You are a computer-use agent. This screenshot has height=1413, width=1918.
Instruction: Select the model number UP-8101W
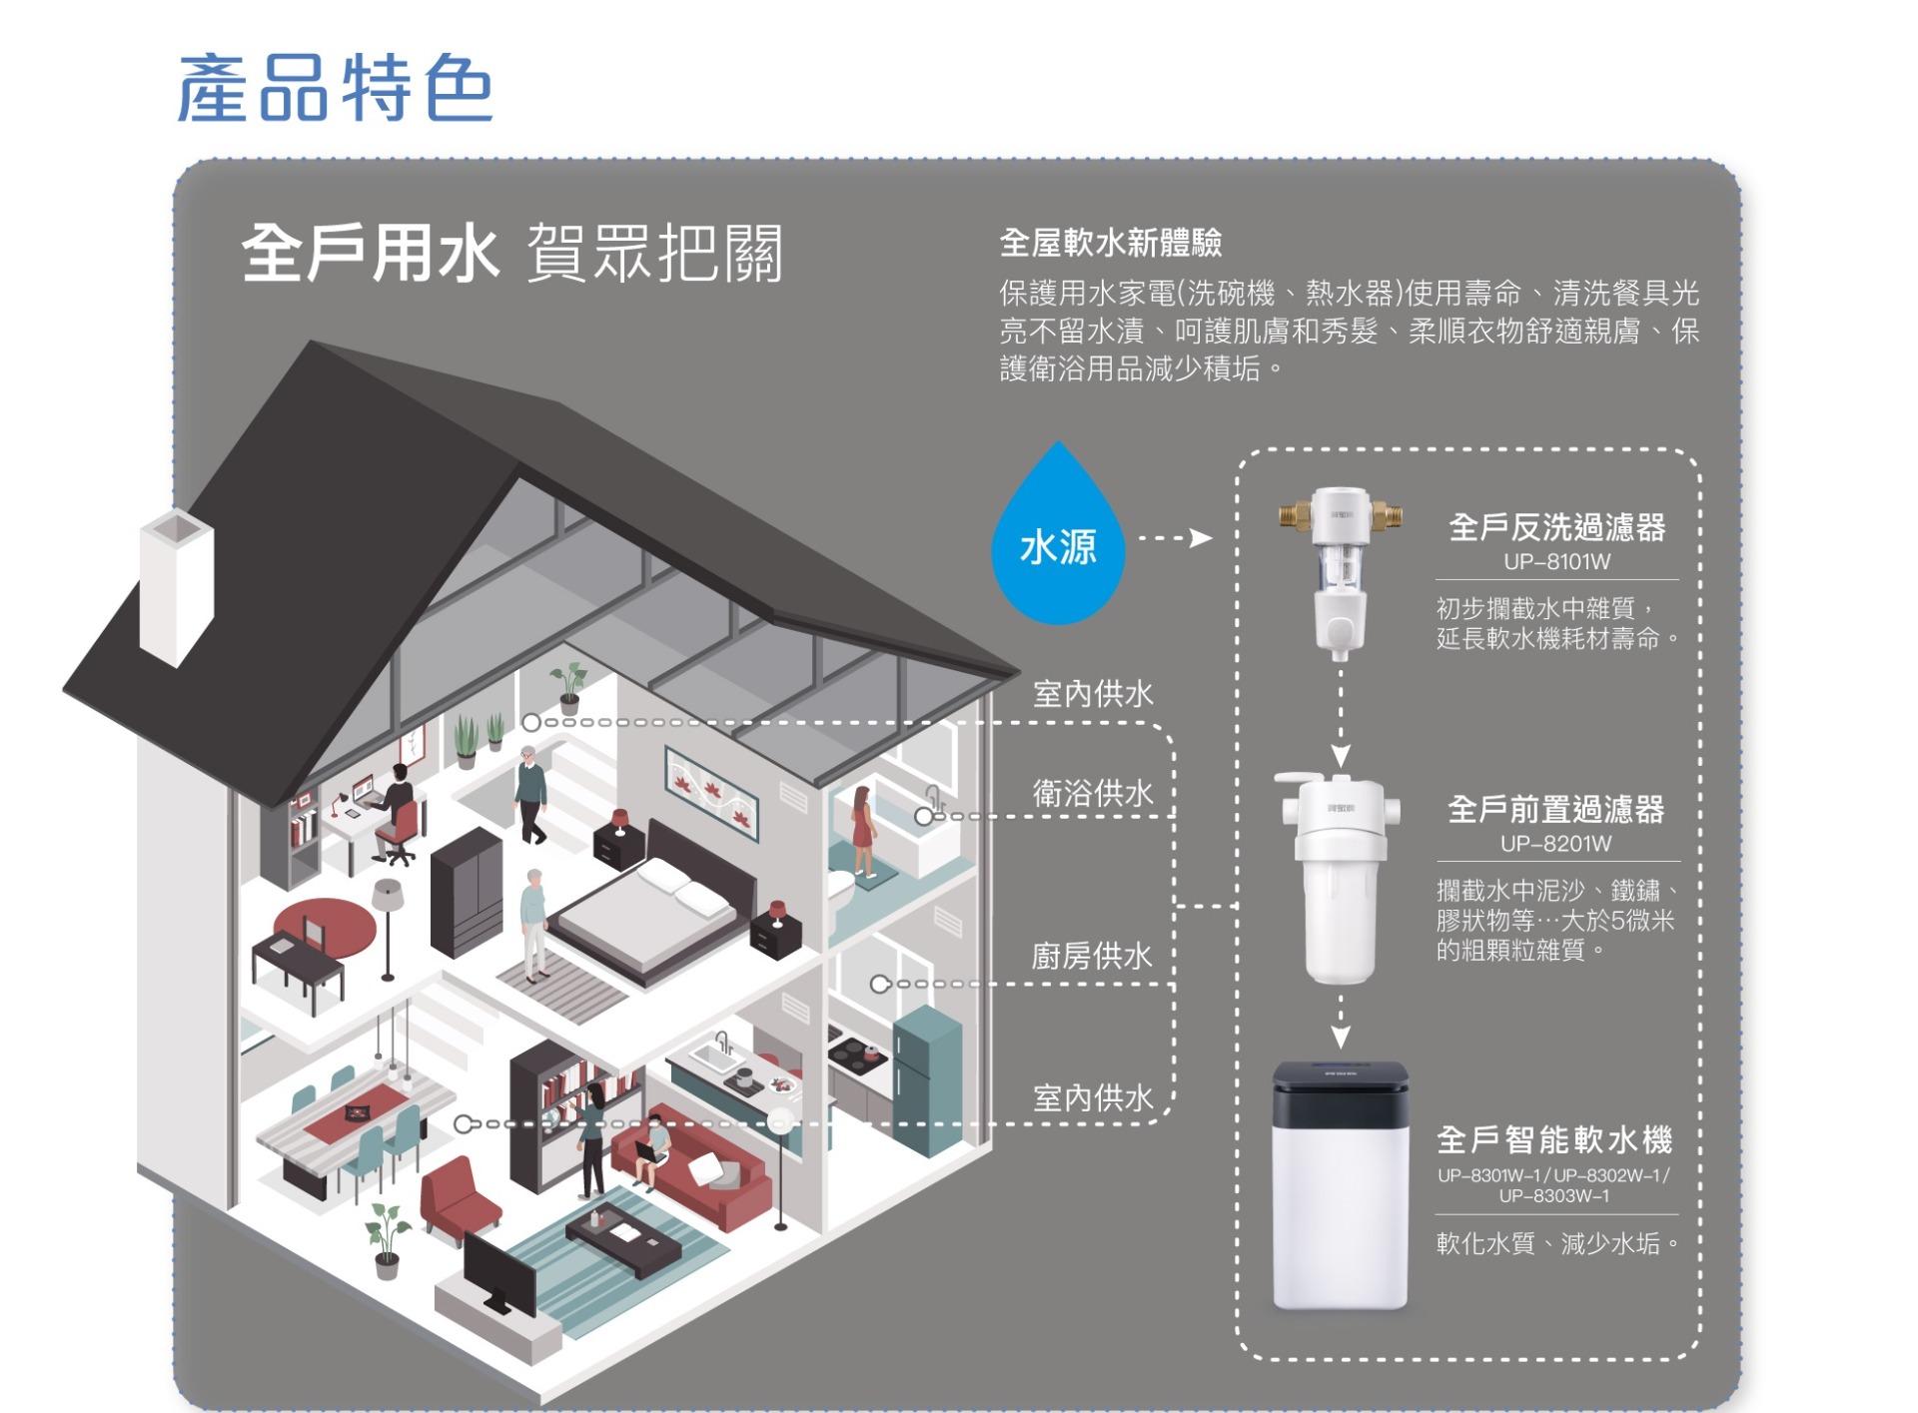(1556, 562)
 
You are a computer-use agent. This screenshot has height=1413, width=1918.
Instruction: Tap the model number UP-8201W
(1555, 844)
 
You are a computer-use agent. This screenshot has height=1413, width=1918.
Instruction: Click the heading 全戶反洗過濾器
(1556, 527)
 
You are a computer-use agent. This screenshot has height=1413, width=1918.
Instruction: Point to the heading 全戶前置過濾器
(1555, 809)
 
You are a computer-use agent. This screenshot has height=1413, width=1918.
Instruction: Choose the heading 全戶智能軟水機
(1554, 1139)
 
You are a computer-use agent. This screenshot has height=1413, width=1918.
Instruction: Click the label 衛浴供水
(1093, 793)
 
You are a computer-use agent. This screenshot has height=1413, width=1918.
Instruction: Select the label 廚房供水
(1092, 956)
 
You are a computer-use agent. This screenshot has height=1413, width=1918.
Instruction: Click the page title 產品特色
(335, 88)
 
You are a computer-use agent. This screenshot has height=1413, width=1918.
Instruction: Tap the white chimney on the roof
(177, 587)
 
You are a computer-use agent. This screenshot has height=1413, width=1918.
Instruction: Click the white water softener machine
(1340, 1185)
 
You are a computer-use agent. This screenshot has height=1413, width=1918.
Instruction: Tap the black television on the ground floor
(499, 1275)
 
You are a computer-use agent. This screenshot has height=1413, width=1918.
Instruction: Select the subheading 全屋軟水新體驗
(1111, 243)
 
